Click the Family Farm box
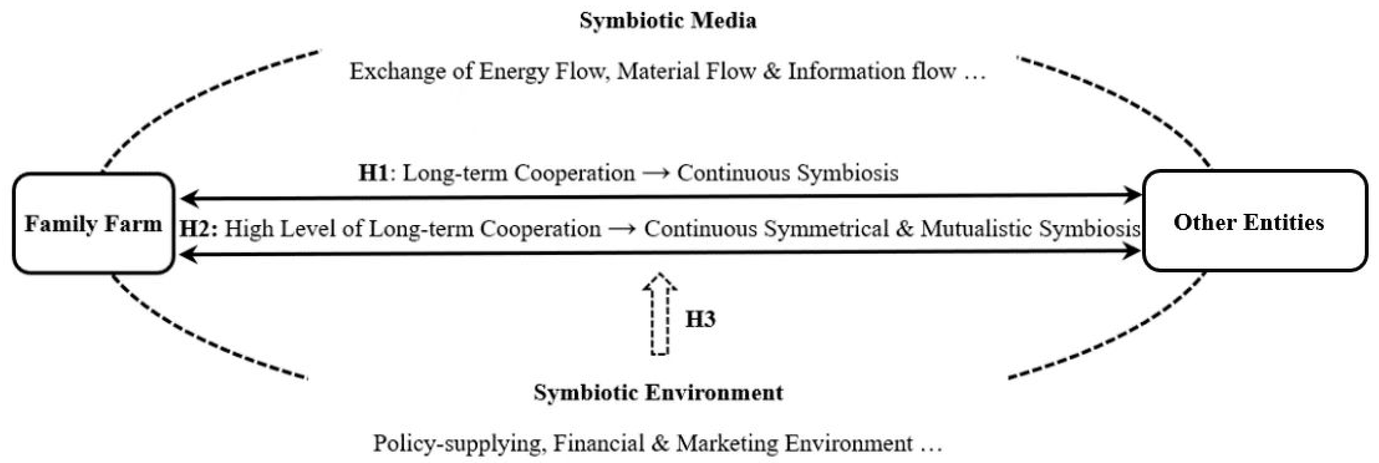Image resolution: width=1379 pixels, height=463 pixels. [x=93, y=224]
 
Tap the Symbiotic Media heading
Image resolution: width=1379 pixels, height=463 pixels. [x=668, y=20]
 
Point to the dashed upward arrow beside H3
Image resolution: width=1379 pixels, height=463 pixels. [x=660, y=315]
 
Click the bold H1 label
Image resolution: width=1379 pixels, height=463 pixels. [x=373, y=173]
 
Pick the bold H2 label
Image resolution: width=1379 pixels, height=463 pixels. [x=197, y=229]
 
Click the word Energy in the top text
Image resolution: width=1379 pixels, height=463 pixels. [x=514, y=72]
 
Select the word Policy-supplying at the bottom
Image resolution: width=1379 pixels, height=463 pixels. [x=459, y=444]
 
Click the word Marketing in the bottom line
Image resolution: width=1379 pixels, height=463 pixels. [x=728, y=444]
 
